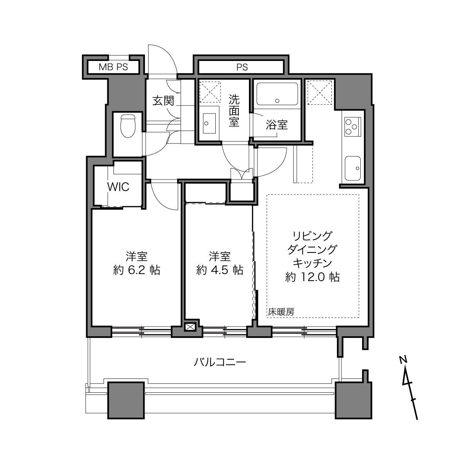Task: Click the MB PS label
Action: [x=113, y=67]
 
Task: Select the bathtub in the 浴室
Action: [x=277, y=94]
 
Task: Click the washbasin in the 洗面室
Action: [x=209, y=123]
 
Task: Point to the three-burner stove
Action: [x=353, y=127]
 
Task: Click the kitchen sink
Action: [x=353, y=168]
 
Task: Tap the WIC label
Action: [x=118, y=187]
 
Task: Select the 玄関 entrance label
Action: [x=163, y=100]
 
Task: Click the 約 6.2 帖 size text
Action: [x=137, y=270]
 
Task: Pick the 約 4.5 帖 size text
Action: [x=220, y=270]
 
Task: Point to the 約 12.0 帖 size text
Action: [x=312, y=277]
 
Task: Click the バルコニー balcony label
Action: [x=220, y=362]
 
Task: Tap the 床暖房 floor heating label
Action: [x=281, y=312]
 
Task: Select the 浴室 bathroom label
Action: [x=277, y=125]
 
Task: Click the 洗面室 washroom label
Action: [x=234, y=111]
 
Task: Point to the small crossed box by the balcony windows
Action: [x=189, y=327]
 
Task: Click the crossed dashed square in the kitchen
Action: [x=319, y=92]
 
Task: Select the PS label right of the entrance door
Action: [x=242, y=68]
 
